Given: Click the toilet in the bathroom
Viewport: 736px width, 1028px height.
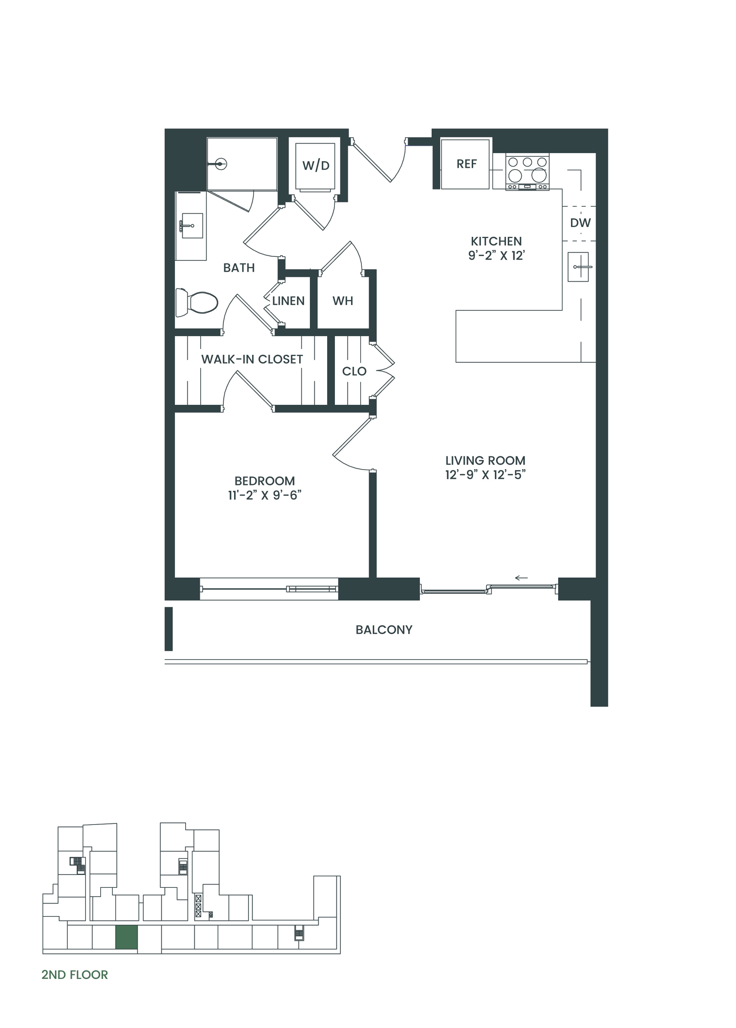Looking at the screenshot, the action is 197,302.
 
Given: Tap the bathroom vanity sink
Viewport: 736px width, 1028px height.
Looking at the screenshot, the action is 192,225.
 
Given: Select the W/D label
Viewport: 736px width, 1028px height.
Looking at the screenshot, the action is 316,165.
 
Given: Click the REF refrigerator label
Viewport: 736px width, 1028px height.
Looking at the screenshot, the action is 467,163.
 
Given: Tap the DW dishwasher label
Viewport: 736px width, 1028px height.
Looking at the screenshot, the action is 580,223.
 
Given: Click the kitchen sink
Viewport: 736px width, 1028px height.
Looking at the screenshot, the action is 579,267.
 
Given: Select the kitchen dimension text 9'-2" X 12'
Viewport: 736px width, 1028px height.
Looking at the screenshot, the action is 496,255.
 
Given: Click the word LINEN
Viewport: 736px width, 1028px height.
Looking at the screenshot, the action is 288,301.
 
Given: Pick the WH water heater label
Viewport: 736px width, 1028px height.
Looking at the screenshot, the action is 343,301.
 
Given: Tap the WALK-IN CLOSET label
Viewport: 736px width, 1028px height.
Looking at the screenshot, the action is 252,359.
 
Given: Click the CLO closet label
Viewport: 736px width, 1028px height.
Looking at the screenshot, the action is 354,371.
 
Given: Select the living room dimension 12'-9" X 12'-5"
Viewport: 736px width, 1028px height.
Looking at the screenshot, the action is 485,475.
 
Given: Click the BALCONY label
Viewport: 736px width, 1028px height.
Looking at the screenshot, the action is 384,630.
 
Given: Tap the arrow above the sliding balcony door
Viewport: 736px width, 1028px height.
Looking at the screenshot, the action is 521,578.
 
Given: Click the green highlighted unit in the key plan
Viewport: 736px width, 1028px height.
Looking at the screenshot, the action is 126,937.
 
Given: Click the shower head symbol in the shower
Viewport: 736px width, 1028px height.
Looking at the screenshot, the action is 220,164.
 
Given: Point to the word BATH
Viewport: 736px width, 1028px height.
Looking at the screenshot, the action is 239,268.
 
